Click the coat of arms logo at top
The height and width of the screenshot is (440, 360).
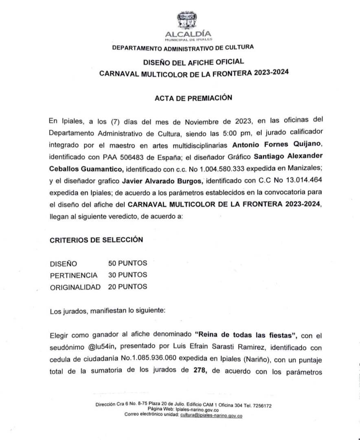[187, 21]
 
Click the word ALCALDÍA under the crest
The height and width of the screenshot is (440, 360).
[188, 34]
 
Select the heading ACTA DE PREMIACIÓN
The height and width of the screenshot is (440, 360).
[193, 98]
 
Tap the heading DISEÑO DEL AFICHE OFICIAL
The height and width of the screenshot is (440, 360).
[193, 62]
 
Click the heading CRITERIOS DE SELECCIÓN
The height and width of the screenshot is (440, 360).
[97, 240]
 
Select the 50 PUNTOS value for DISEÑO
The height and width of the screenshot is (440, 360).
[127, 263]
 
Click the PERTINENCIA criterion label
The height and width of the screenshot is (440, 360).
[74, 275]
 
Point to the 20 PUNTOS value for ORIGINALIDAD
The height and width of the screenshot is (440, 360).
[127, 287]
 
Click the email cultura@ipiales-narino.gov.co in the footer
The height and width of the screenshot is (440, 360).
[211, 416]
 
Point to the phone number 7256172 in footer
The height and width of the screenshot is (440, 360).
[261, 405]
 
